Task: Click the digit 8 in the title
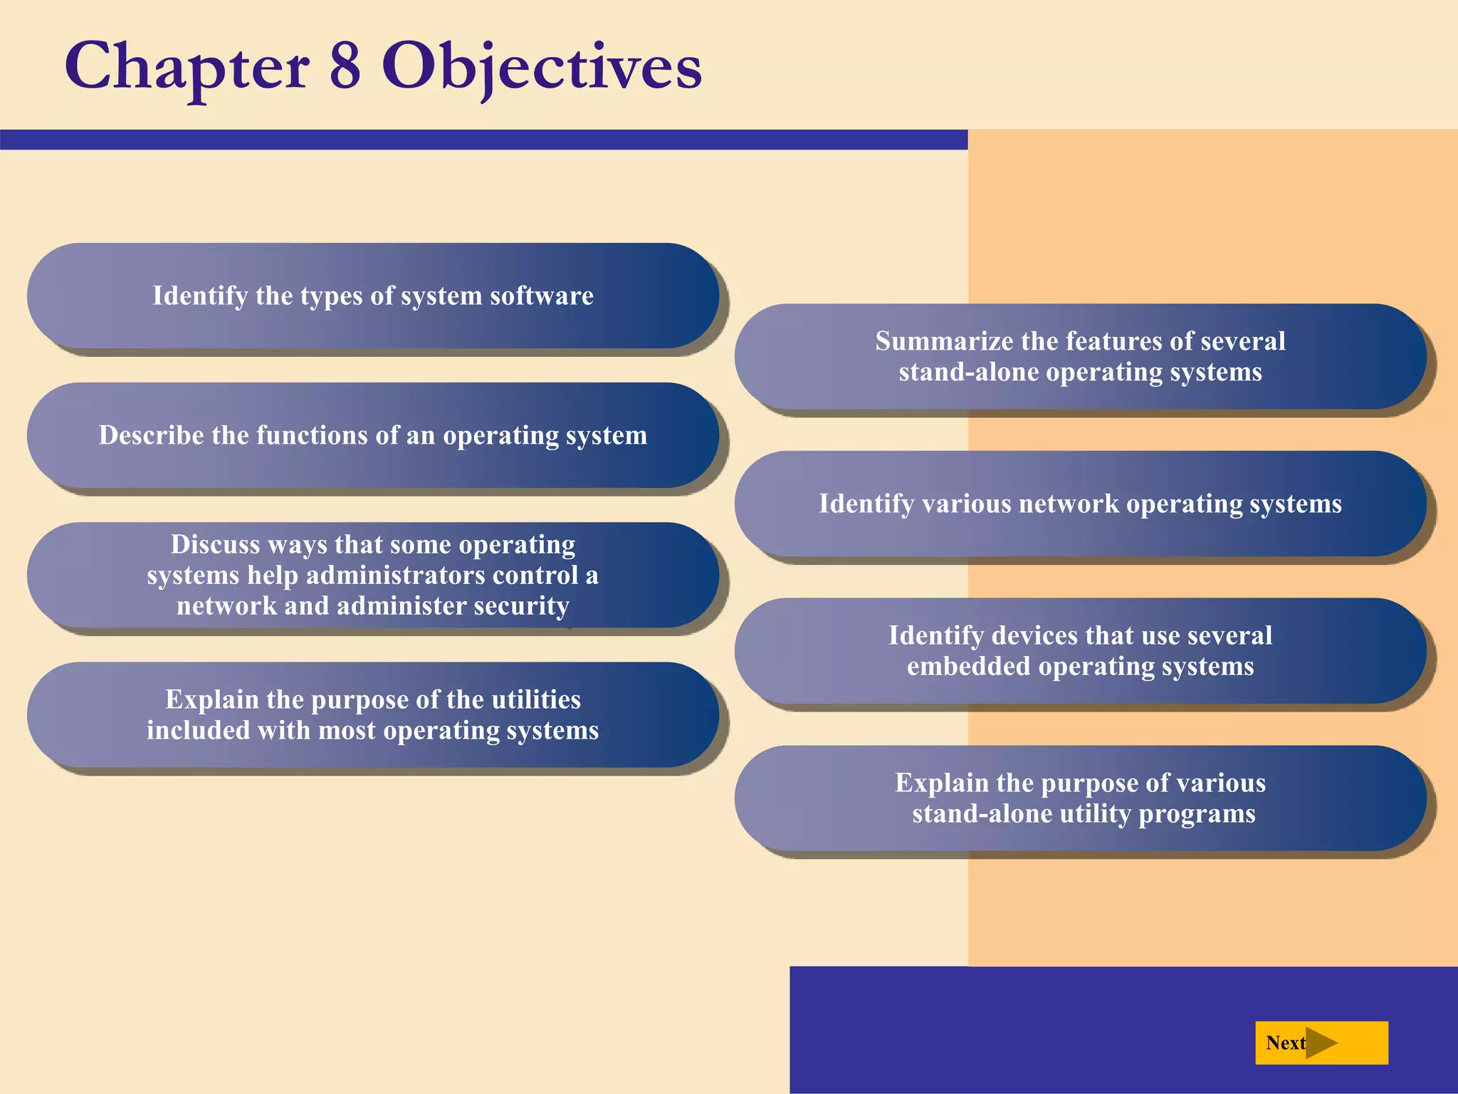(345, 66)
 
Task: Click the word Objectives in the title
(541, 66)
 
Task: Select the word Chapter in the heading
(187, 66)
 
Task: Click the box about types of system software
(372, 296)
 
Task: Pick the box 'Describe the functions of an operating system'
(372, 435)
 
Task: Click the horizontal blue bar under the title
(484, 140)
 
